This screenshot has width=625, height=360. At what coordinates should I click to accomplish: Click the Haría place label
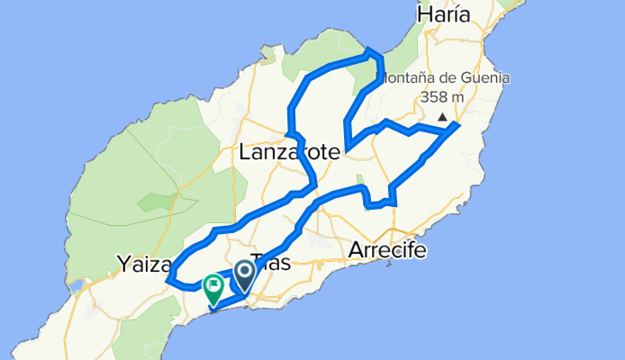coord(444,14)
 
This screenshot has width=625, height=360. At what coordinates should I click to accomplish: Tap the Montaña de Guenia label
coord(442,77)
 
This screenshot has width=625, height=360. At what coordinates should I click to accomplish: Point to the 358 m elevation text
coord(442,97)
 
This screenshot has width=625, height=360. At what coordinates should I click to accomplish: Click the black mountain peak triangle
coord(442,117)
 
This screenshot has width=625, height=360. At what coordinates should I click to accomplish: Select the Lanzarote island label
coord(289,154)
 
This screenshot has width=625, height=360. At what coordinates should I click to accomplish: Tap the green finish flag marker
coord(214,289)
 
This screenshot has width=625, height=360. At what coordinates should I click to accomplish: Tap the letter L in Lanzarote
coord(245,154)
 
